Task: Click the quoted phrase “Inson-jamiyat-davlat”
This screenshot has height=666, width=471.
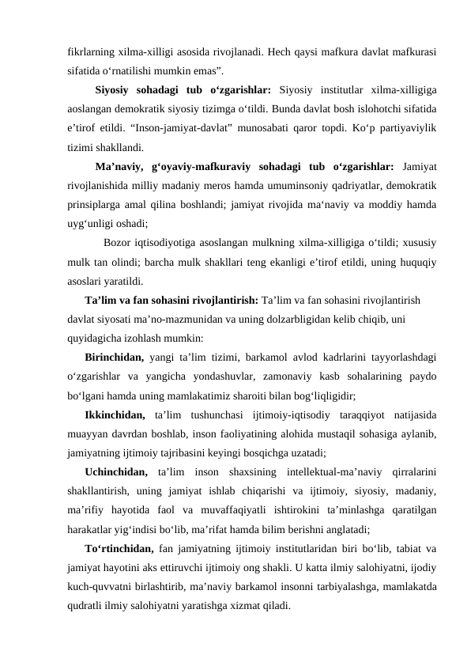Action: pyautogui.click(x=179, y=127)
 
